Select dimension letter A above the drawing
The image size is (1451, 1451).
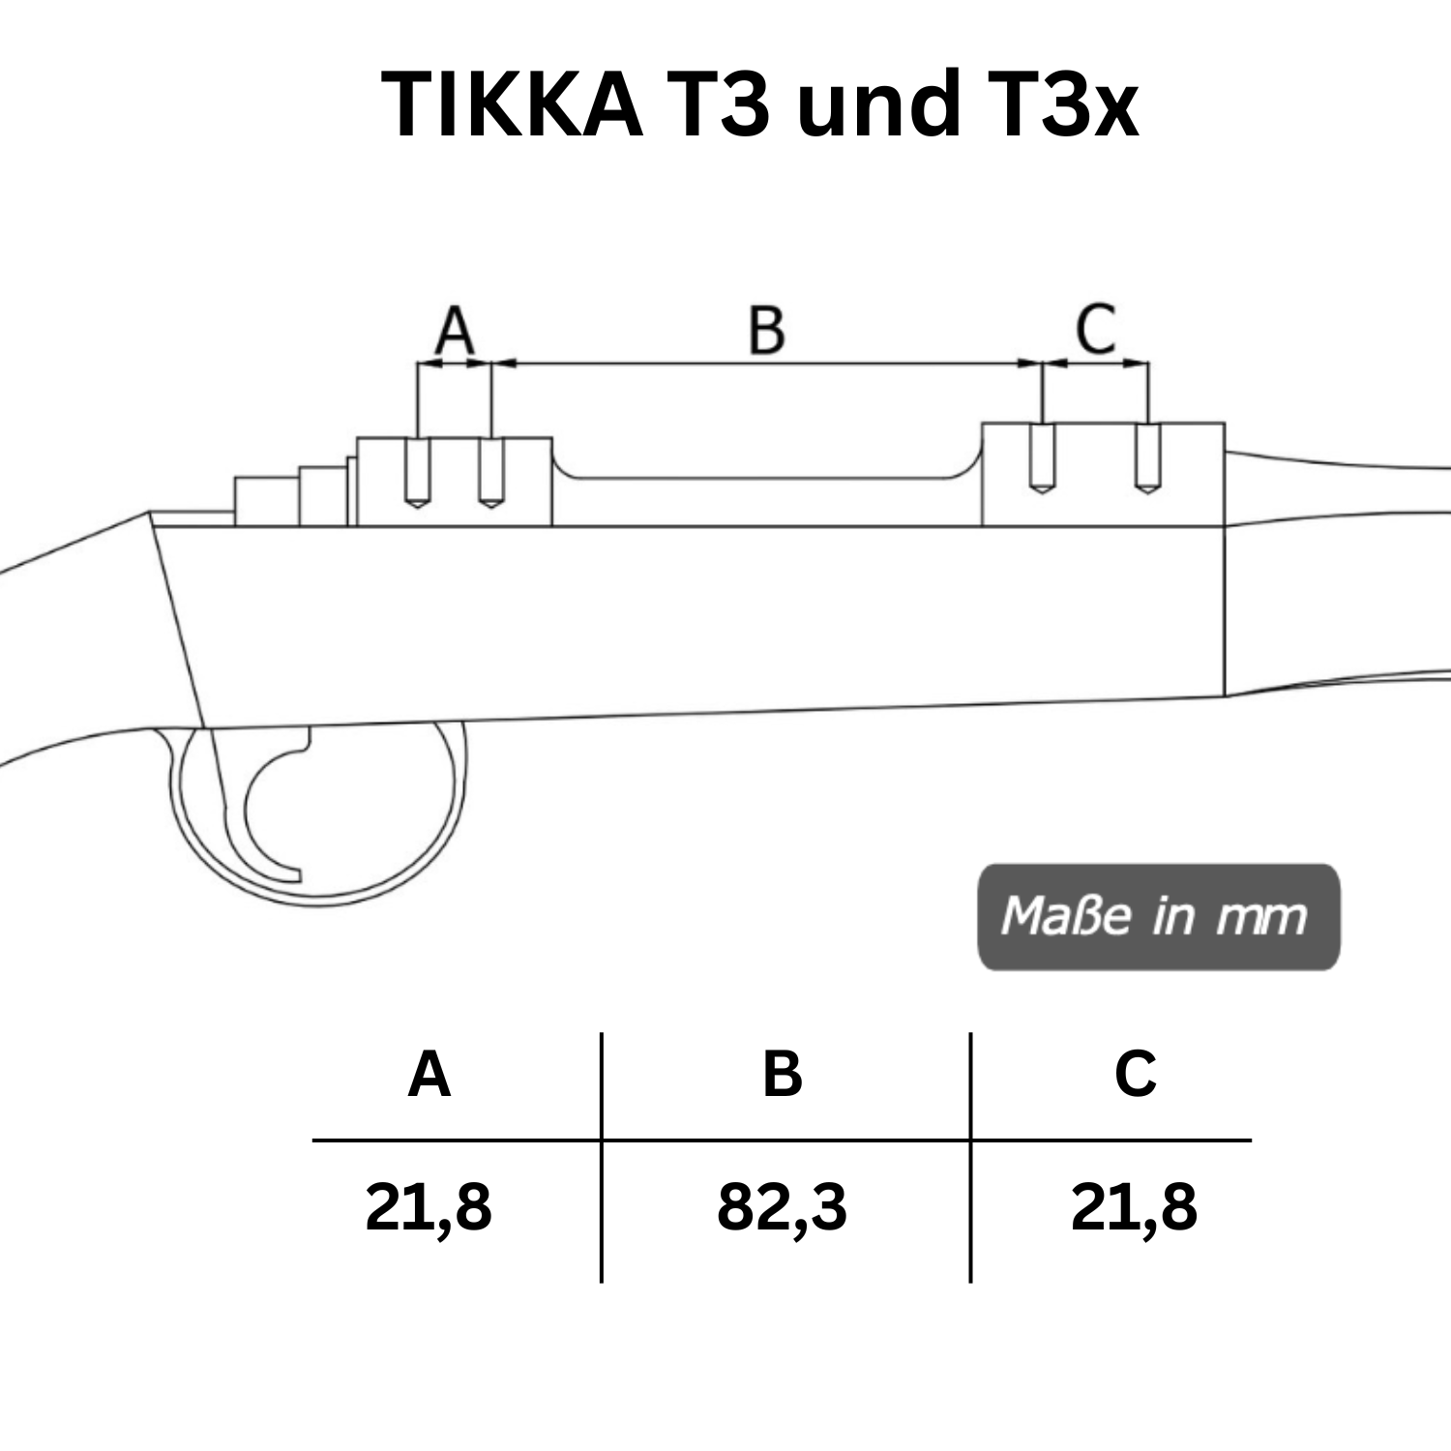[x=455, y=330]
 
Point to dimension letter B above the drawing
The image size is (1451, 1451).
[x=766, y=330]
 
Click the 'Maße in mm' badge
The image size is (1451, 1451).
[x=1158, y=916]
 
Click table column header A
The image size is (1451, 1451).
[x=429, y=1074]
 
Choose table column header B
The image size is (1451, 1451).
[x=782, y=1074]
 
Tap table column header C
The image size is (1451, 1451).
[x=1135, y=1074]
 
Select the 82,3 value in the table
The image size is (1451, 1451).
[x=782, y=1207]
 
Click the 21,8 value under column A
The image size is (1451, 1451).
[x=429, y=1207]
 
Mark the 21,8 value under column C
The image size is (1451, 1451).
[x=1134, y=1207]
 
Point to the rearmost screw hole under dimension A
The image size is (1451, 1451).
[x=417, y=472]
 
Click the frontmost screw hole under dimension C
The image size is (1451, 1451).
[x=1147, y=459]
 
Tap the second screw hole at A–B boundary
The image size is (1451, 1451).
[x=491, y=472]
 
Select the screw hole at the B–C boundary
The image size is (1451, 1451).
[x=1042, y=459]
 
